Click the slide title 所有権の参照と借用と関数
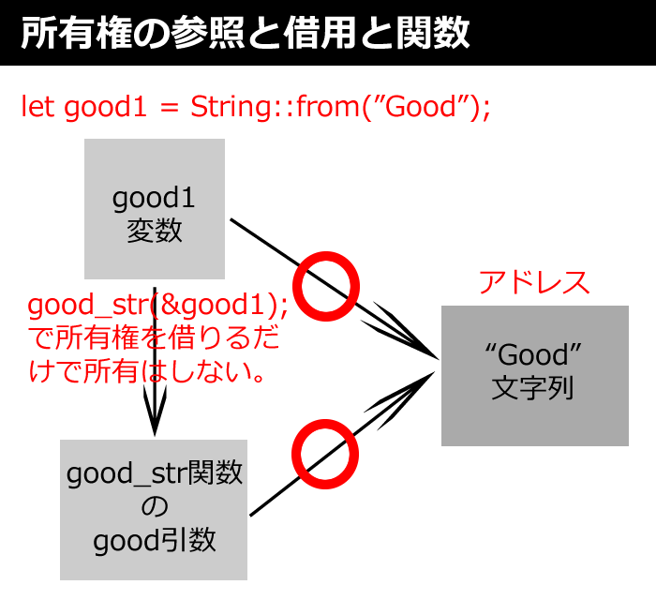click(246, 33)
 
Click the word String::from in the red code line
click(275, 107)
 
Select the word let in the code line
click(37, 106)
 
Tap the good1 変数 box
click(155, 209)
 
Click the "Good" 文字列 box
click(535, 376)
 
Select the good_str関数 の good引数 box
click(154, 510)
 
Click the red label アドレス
click(534, 282)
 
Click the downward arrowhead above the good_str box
click(155, 412)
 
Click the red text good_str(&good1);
click(157, 305)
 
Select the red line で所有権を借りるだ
click(154, 338)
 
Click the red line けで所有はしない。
click(147, 371)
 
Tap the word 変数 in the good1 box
click(155, 231)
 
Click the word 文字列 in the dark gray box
click(532, 388)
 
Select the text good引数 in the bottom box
click(155, 541)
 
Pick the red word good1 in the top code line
click(105, 107)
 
